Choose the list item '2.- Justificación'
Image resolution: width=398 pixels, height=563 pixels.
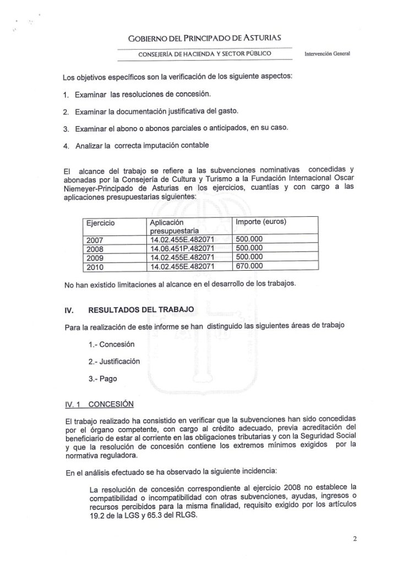coord(114,362)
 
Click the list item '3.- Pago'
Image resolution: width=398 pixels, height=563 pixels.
coord(102,379)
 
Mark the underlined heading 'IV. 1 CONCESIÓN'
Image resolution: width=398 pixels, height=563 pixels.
coord(100,404)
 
